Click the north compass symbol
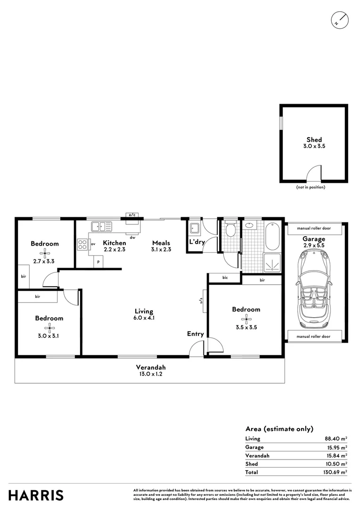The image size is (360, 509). (340, 20)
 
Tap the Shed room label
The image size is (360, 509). (314, 140)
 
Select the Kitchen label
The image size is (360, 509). (115, 243)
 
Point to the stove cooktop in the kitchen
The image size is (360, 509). (82, 244)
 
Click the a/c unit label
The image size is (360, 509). (131, 215)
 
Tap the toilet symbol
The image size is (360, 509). (230, 230)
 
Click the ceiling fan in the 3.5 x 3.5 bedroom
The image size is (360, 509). (246, 318)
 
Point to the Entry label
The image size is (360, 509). (196, 334)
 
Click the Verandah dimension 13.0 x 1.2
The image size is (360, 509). (151, 374)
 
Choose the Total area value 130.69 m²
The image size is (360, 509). (336, 472)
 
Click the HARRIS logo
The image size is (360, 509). (36, 495)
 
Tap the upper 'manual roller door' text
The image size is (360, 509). (313, 228)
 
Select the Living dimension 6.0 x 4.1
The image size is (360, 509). (144, 318)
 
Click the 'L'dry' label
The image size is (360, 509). (196, 242)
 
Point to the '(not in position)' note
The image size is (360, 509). (311, 187)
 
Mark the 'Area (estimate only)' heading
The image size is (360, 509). (279, 429)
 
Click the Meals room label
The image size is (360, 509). (161, 243)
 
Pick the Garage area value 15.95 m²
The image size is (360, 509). (336, 447)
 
